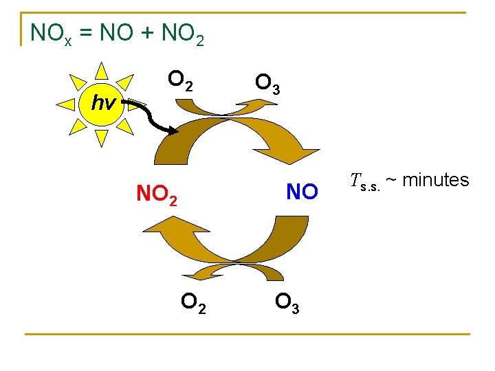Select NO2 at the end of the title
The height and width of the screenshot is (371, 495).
181,33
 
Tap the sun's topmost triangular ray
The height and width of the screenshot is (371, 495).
102,69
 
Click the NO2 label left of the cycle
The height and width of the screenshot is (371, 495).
157,195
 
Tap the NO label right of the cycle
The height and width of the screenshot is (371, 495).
302,192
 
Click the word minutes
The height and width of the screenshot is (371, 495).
436,180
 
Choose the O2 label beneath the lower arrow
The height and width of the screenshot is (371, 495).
192,302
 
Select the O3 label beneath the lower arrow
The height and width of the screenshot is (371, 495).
286,302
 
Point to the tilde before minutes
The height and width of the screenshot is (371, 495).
390,181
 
